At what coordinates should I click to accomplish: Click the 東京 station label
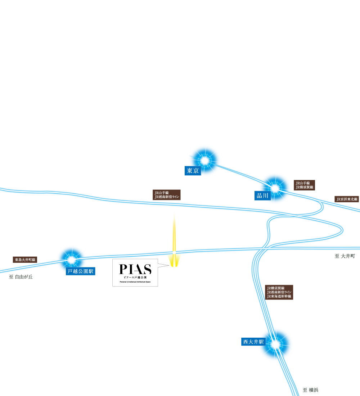tap(193, 171)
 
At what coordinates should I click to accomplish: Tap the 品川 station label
tap(262, 196)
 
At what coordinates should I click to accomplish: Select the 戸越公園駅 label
tap(80, 271)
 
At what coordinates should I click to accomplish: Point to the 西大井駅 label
tap(253, 342)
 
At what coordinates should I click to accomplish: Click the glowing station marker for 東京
tap(204, 161)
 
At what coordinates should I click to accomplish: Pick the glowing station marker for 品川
tap(275, 188)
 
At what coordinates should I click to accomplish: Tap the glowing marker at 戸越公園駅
tap(72, 260)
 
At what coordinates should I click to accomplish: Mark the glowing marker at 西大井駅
tap(275, 345)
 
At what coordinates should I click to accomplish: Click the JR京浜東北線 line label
tap(347, 199)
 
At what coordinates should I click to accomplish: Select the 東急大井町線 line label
tap(25, 260)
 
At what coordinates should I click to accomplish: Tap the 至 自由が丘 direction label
tap(21, 277)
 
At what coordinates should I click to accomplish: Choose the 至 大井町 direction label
tap(345, 256)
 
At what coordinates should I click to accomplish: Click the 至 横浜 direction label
tap(310, 390)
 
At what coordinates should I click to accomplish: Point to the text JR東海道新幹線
tap(279, 296)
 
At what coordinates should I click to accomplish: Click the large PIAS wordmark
tap(135, 269)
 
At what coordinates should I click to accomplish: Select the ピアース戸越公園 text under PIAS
tap(135, 278)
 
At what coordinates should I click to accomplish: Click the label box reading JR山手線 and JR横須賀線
tap(304, 185)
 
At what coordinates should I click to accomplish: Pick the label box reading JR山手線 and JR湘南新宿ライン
tap(167, 195)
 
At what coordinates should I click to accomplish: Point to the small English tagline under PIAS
tap(135, 282)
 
